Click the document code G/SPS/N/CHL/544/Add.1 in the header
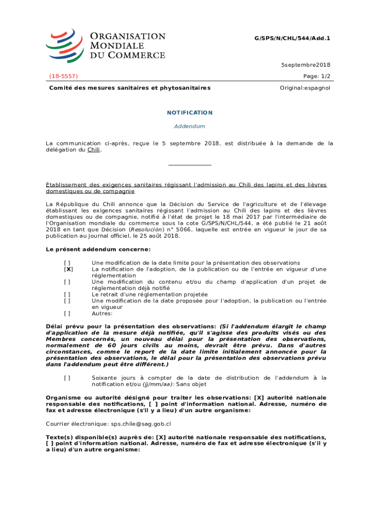[x=292, y=38]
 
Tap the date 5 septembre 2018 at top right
[x=305, y=65]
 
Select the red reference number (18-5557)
[x=63, y=76]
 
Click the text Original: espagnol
[x=305, y=88]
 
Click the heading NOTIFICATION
[x=190, y=113]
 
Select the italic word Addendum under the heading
[x=190, y=126]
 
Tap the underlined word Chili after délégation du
[x=94, y=150]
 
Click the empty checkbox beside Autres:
[x=67, y=313]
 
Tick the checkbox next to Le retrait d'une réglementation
[x=67, y=294]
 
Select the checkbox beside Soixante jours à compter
[x=67, y=378]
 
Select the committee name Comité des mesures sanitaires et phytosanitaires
[x=129, y=88]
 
